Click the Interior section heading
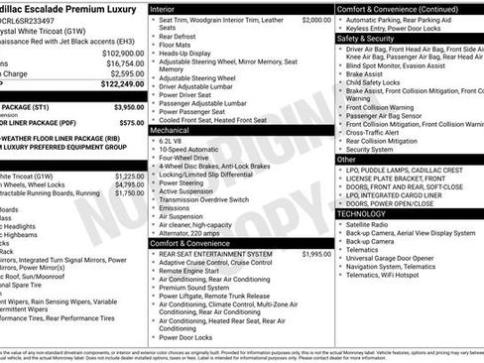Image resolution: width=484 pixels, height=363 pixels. (x=165, y=8)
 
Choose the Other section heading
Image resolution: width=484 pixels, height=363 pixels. (x=346, y=159)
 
